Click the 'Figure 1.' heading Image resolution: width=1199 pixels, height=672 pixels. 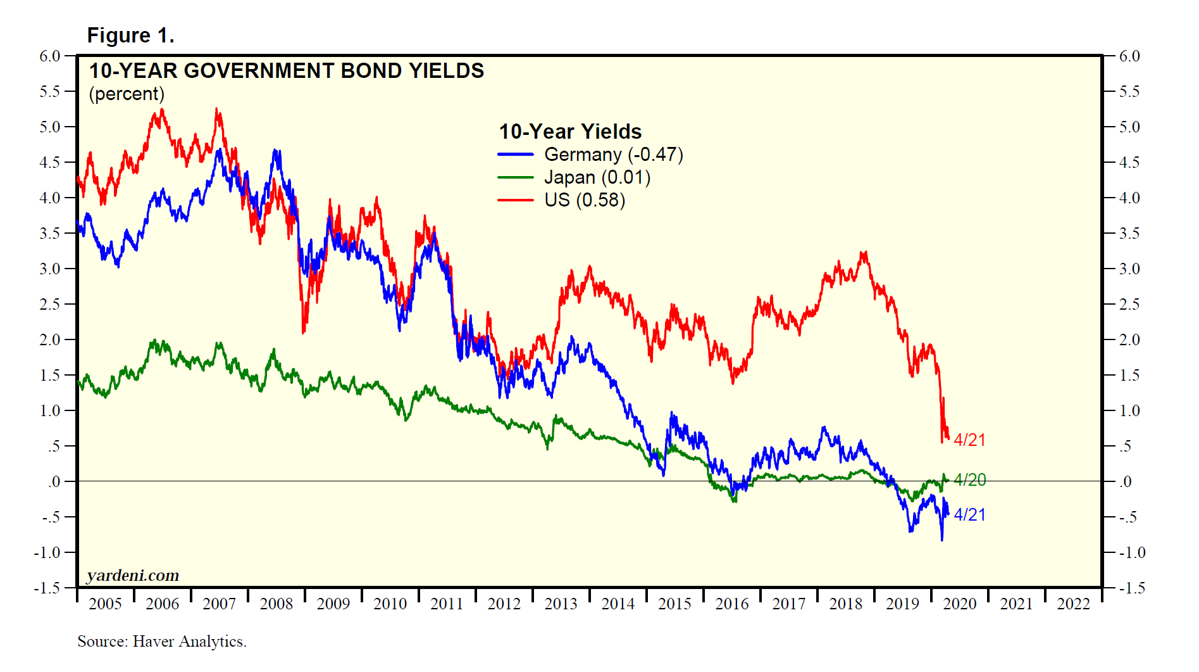pyautogui.click(x=130, y=35)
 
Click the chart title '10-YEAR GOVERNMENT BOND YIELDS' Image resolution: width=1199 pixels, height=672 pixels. pyautogui.click(x=286, y=70)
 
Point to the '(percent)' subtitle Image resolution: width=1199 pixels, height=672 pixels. pyautogui.click(x=127, y=94)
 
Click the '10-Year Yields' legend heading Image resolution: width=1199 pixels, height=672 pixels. pyautogui.click(x=570, y=131)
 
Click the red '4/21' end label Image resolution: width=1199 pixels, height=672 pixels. pyautogui.click(x=969, y=440)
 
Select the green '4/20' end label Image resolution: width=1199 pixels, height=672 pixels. pyautogui.click(x=969, y=479)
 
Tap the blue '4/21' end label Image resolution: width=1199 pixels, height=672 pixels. pyautogui.click(x=969, y=514)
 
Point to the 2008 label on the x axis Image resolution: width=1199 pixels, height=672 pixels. pyautogui.click(x=276, y=604)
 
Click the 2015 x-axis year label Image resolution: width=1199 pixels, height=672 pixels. pyautogui.click(x=674, y=604)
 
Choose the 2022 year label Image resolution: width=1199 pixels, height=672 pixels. pyautogui.click(x=1073, y=604)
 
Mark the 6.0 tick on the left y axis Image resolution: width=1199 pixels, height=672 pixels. pyautogui.click(x=50, y=56)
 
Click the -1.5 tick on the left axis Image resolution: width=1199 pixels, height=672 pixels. pyautogui.click(x=47, y=588)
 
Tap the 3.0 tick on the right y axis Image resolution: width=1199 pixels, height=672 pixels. pyautogui.click(x=1129, y=269)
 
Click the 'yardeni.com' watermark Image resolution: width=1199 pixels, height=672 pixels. pyautogui.click(x=133, y=575)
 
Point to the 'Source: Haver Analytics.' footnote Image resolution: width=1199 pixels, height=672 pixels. pyautogui.click(x=162, y=642)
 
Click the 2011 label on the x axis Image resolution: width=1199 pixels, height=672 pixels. pyautogui.click(x=447, y=604)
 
